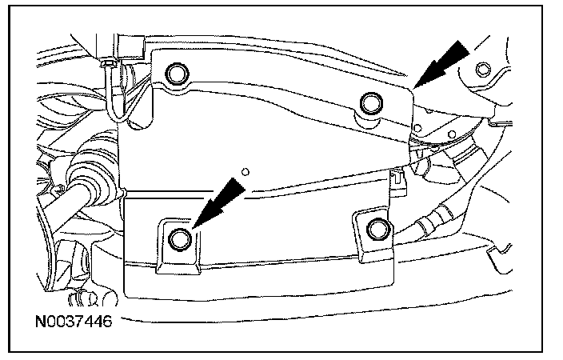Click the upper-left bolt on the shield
(x=176, y=76)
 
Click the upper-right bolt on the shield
(x=369, y=102)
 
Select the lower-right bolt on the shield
(x=375, y=230)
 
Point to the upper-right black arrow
(x=445, y=63)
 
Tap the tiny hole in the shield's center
(x=246, y=169)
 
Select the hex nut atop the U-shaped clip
(x=107, y=62)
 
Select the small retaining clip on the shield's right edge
(x=398, y=184)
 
